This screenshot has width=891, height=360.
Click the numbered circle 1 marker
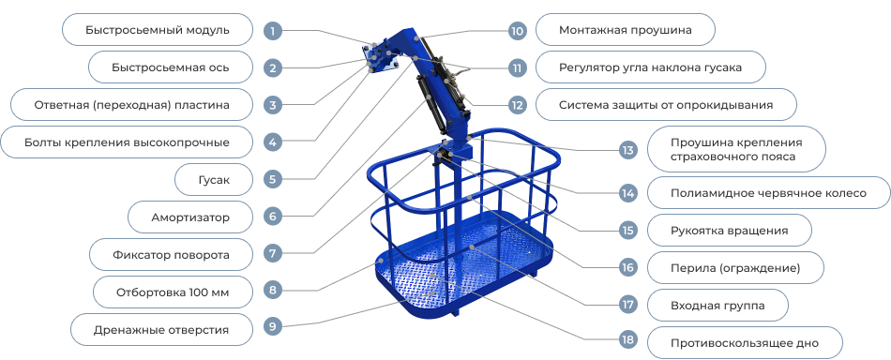pyautogui.click(x=273, y=30)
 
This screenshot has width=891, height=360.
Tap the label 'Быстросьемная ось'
pyautogui.click(x=171, y=67)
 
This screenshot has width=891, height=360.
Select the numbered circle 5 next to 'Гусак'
pyautogui.click(x=273, y=179)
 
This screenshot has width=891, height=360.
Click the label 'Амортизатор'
pyautogui.click(x=189, y=217)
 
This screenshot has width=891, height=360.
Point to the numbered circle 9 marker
pyautogui.click(x=273, y=326)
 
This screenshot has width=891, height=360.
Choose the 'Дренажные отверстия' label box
pyautogui.click(x=161, y=329)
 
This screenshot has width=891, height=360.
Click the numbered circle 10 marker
pyautogui.click(x=517, y=30)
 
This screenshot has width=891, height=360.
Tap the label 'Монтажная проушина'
pyautogui.click(x=625, y=30)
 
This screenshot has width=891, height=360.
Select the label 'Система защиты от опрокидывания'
pyautogui.click(x=666, y=105)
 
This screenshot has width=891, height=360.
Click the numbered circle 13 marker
pyautogui.click(x=627, y=150)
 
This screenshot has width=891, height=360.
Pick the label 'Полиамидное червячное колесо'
pyautogui.click(x=768, y=193)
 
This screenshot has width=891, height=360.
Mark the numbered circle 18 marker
pyautogui.click(x=627, y=340)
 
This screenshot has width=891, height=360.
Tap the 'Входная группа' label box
pyautogui.click(x=717, y=306)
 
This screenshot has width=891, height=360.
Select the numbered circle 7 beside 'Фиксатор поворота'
pyautogui.click(x=273, y=254)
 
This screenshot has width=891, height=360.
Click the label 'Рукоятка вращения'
pyautogui.click(x=729, y=231)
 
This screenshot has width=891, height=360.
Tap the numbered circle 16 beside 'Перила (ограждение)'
pyautogui.click(x=627, y=267)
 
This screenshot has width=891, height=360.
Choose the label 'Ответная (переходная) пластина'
pyautogui.click(x=131, y=105)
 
